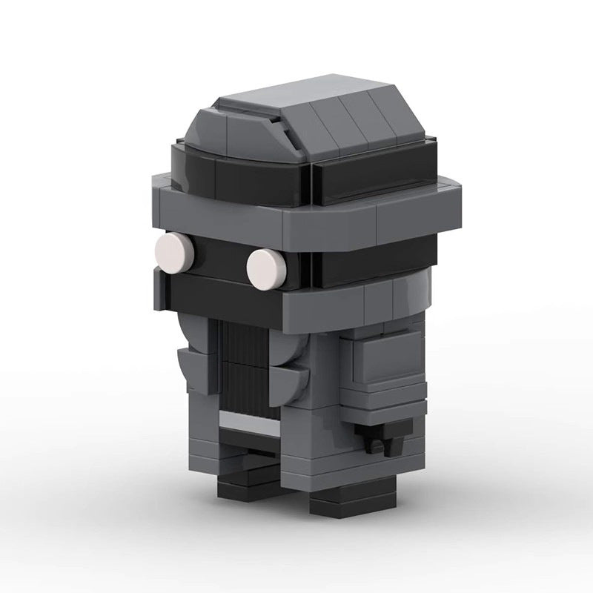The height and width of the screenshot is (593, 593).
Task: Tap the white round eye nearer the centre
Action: tap(266, 268)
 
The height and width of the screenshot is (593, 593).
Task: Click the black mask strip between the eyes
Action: tap(219, 256)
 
